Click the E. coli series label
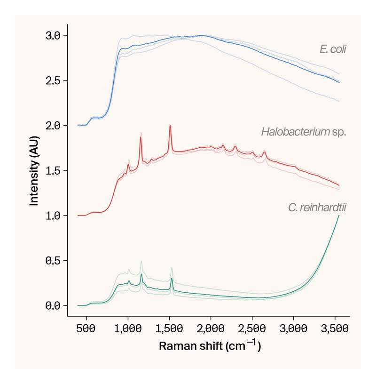coord(332,49)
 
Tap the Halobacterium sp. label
coord(304,132)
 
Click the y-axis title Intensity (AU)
coord(34,171)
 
